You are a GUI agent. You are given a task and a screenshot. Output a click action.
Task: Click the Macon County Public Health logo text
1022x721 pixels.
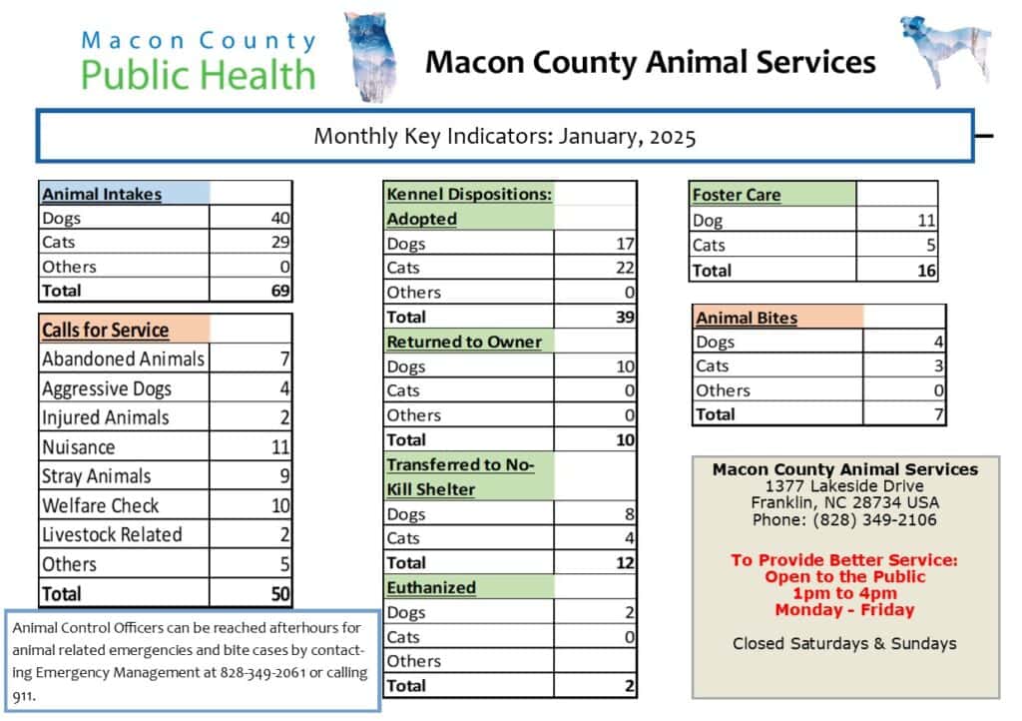coord(198,60)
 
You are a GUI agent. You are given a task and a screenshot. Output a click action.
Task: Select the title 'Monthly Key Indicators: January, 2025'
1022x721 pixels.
coord(504,137)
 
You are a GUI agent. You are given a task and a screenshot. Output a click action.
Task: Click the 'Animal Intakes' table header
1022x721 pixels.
coord(102,195)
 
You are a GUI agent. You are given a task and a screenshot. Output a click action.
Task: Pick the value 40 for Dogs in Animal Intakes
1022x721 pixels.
coord(278,218)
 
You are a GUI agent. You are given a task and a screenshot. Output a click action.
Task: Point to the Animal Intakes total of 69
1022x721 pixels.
coord(278,291)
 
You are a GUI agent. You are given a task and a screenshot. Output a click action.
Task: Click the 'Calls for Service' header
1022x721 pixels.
coord(105,330)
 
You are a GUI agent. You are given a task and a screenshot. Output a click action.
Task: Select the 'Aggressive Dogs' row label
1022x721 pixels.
coord(107,388)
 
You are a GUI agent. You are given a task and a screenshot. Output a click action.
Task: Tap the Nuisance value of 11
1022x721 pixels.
coord(280,447)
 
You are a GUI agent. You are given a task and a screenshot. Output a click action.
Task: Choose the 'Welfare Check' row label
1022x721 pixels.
coord(100,505)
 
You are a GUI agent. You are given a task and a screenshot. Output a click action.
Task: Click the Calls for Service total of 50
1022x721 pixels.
coord(279,594)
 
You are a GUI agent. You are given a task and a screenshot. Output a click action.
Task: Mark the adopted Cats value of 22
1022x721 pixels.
coord(625,268)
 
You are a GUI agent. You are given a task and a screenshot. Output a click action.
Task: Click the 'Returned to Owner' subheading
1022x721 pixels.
coord(464,342)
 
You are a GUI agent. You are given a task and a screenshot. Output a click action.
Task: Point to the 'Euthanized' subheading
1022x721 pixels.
coord(431,587)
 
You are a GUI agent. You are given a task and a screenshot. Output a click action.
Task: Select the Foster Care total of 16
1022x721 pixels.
coord(924,270)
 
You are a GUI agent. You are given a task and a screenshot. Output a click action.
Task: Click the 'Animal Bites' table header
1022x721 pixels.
coord(747,319)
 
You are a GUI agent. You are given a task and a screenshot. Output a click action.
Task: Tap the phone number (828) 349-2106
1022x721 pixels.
coord(844,520)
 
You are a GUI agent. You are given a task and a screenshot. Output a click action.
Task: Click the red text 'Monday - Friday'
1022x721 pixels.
coord(844,609)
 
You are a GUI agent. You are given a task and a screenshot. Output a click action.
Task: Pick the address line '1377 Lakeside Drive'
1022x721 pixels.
coord(844,486)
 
